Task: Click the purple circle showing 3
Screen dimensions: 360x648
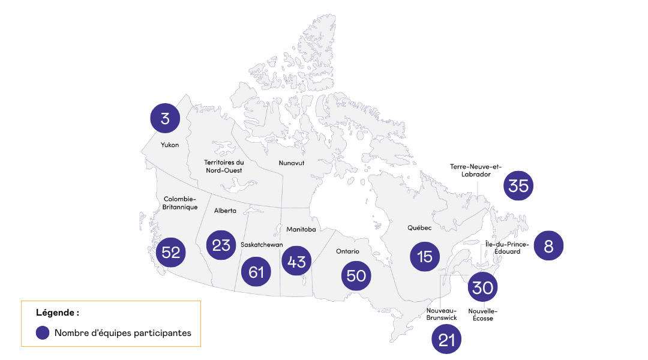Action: pyautogui.click(x=165, y=118)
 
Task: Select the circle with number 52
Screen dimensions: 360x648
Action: pyautogui.click(x=171, y=253)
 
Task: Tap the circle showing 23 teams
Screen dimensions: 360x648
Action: pyautogui.click(x=221, y=245)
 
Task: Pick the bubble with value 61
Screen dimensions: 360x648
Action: pyautogui.click(x=256, y=272)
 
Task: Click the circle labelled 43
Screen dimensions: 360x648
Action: pyautogui.click(x=296, y=261)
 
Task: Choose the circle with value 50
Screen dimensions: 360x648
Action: pyautogui.click(x=356, y=275)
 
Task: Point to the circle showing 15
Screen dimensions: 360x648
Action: pyautogui.click(x=425, y=256)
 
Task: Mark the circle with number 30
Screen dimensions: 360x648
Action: pyautogui.click(x=482, y=287)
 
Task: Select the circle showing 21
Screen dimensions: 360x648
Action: pyautogui.click(x=447, y=340)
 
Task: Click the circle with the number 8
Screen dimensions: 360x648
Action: pyautogui.click(x=548, y=245)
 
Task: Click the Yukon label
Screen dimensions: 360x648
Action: pyautogui.click(x=170, y=145)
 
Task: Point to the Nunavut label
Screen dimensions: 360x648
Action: pyautogui.click(x=292, y=163)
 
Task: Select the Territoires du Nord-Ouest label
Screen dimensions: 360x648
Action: pyautogui.click(x=224, y=166)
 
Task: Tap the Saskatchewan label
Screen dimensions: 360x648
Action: pyautogui.click(x=262, y=245)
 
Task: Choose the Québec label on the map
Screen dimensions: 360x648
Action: pyautogui.click(x=419, y=228)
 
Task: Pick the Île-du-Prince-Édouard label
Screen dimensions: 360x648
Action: pyautogui.click(x=507, y=248)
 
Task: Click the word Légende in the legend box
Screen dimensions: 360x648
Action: pyautogui.click(x=56, y=313)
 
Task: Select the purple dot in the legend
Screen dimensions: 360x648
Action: pyautogui.click(x=43, y=332)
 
